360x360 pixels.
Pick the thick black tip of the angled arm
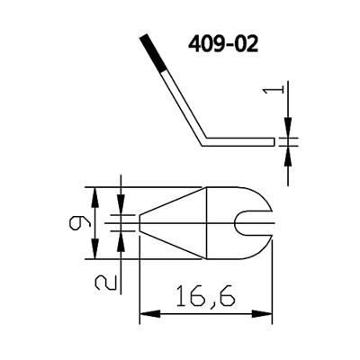click(150, 52)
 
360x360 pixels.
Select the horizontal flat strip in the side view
click(238, 140)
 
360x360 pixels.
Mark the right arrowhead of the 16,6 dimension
click(267, 314)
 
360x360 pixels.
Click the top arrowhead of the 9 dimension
click(91, 192)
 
